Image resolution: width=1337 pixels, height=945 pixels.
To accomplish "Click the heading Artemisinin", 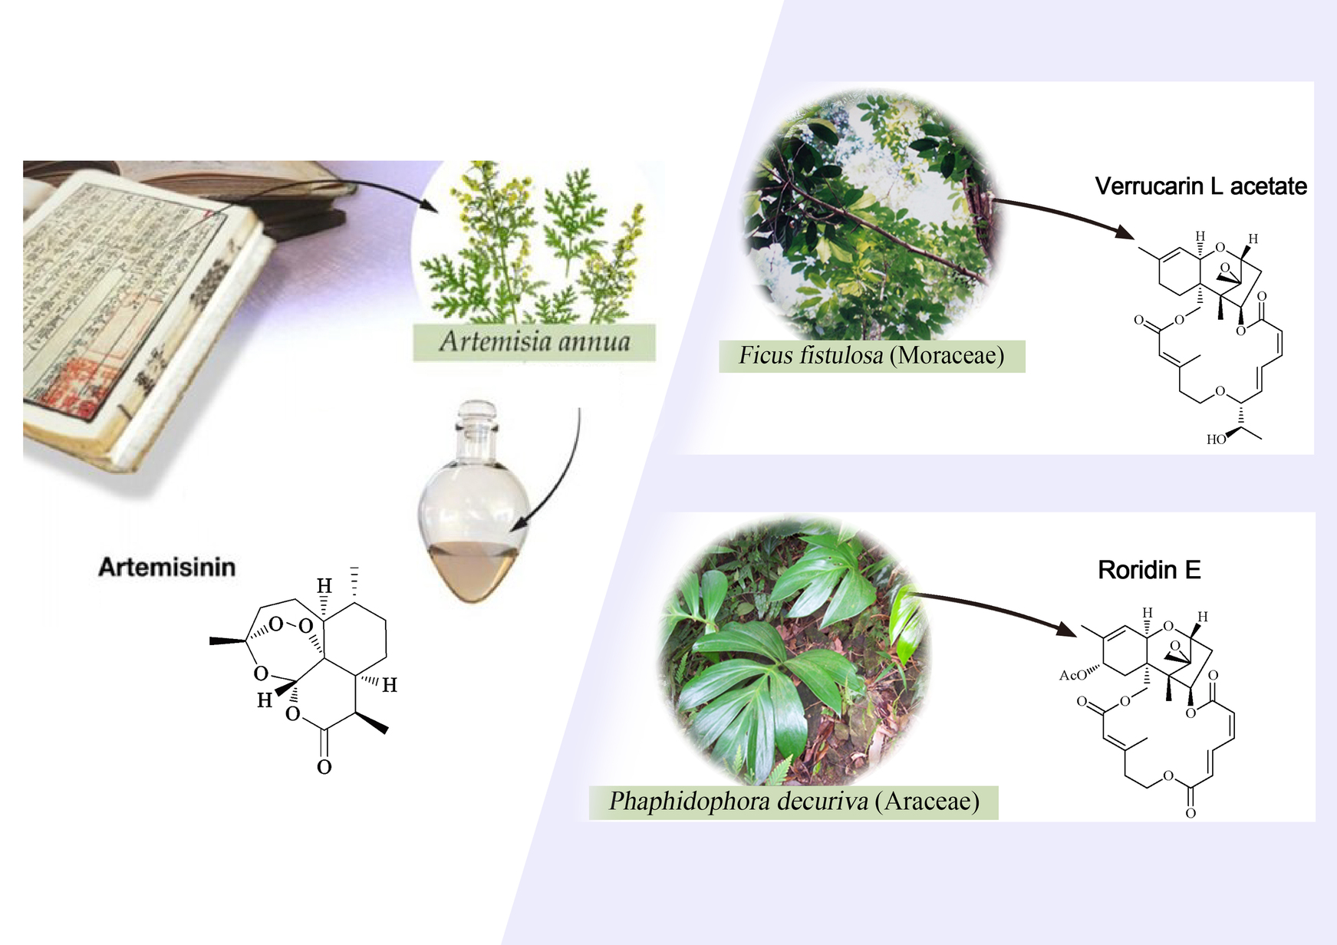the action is coord(166,567).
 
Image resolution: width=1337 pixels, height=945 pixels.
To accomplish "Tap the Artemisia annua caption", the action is coord(535,341).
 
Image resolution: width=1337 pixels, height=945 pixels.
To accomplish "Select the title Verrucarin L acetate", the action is coord(1200,186).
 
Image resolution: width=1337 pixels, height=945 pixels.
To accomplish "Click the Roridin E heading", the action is coord(1148,570).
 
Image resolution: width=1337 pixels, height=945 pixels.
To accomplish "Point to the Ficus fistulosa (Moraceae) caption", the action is coord(871,356).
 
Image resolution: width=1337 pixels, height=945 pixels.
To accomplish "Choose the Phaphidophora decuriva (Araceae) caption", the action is coord(794,802).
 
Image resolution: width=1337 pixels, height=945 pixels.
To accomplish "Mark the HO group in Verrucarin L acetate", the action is coord(1216,440).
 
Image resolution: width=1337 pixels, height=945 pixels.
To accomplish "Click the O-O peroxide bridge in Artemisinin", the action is coord(291,624).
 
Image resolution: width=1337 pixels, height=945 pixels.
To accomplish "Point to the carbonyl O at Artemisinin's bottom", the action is coord(324,766).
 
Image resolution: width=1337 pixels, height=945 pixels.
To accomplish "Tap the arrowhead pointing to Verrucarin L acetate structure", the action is coord(1125,232).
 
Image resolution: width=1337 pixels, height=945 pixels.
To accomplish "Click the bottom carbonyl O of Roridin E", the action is coord(1190,813).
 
